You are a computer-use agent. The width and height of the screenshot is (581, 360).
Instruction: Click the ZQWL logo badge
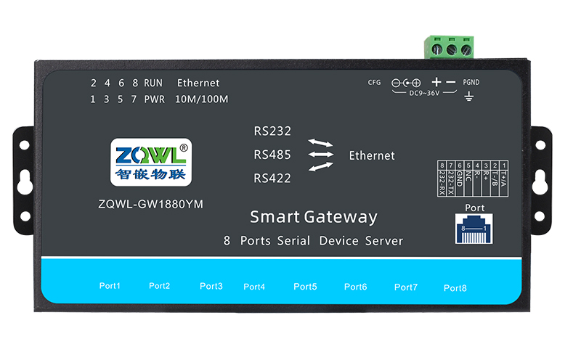[x=151, y=163]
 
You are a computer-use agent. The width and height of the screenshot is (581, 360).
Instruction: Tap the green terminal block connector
[x=449, y=47]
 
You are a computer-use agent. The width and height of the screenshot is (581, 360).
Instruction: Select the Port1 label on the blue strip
[x=110, y=285]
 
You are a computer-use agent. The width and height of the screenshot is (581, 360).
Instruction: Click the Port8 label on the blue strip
[x=455, y=287]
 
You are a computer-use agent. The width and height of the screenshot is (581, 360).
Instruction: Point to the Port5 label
[x=305, y=286]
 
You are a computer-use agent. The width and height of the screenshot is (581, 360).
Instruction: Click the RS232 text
[x=272, y=131]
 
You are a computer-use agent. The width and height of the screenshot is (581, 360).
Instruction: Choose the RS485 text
[x=272, y=155]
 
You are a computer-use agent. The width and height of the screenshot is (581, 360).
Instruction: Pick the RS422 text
[x=272, y=178]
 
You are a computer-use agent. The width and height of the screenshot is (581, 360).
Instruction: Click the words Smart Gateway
[x=314, y=217]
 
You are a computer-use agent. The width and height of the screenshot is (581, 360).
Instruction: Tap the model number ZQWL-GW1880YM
[x=151, y=204]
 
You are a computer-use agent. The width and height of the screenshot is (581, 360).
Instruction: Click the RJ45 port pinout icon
[x=474, y=229]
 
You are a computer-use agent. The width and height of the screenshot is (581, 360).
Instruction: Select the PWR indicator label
[x=155, y=99]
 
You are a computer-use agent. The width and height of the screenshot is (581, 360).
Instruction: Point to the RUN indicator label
[x=153, y=83]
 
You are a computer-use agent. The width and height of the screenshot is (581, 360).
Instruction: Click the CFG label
[x=374, y=82]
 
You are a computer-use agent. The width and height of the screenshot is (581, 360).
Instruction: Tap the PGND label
[x=471, y=82]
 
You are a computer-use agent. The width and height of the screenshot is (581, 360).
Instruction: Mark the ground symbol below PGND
[x=468, y=97]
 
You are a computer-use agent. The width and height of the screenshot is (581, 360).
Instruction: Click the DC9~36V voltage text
[x=424, y=93]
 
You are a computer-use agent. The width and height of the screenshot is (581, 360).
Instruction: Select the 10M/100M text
[x=202, y=99]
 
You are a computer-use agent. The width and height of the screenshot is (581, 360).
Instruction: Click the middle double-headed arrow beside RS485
[x=320, y=154]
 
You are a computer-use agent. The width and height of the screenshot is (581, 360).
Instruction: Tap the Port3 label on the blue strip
[x=211, y=286]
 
